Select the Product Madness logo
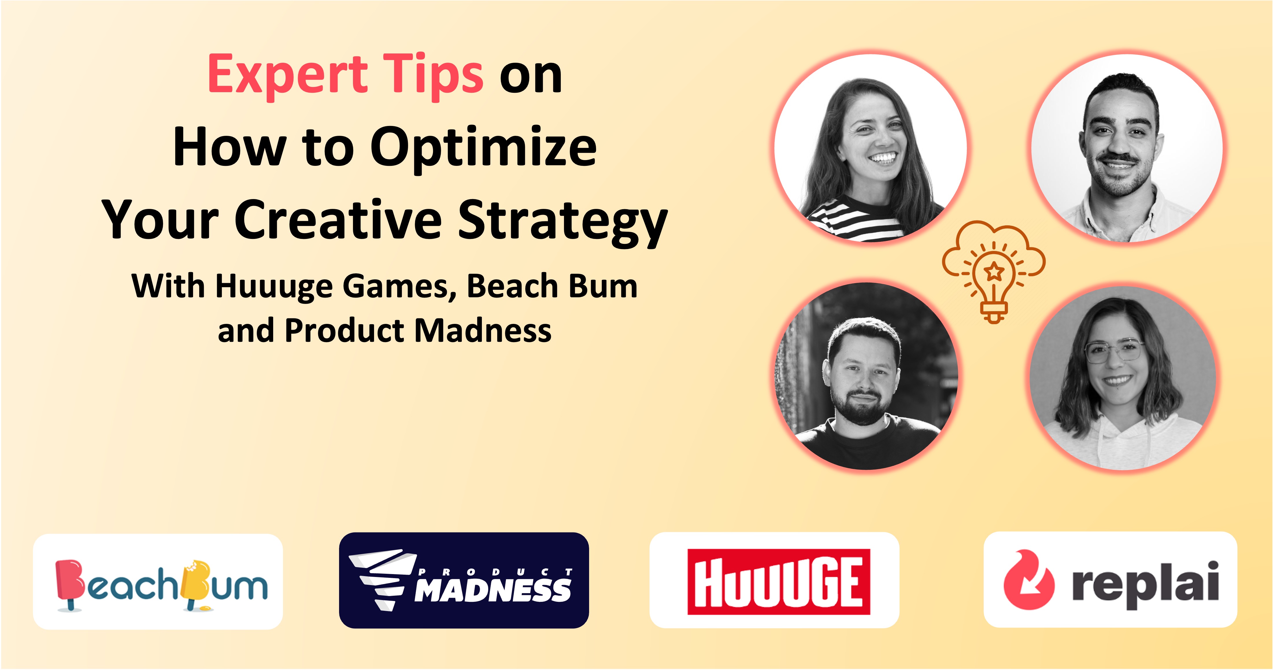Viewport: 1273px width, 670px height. click(464, 580)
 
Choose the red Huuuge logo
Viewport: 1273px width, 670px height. click(778, 582)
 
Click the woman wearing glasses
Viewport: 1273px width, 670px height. click(1123, 379)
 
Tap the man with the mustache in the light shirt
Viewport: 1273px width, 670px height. click(1127, 148)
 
